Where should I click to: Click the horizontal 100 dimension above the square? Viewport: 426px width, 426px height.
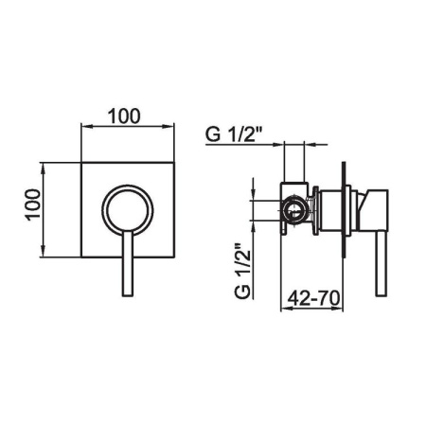[124, 116]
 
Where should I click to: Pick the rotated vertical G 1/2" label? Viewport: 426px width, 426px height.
[242, 271]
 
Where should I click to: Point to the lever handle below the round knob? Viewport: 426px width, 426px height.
[128, 263]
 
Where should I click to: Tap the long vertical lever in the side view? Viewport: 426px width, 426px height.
[382, 264]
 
